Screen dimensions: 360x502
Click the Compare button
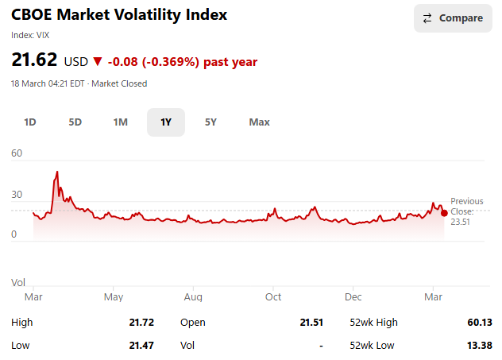(x=453, y=18)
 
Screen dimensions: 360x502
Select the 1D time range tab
(x=30, y=122)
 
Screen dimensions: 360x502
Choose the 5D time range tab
(x=75, y=122)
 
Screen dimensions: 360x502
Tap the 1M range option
(x=121, y=122)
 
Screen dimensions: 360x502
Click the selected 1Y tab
(x=166, y=122)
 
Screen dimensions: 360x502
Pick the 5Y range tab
(x=211, y=122)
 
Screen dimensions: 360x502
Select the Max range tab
(x=259, y=122)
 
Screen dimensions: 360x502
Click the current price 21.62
(x=33, y=60)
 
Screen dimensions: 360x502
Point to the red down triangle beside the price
(x=98, y=61)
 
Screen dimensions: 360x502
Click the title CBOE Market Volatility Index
(x=119, y=15)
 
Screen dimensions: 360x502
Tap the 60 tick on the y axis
(x=17, y=153)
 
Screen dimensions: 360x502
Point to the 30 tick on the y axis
(x=17, y=195)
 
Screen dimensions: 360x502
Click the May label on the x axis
(x=114, y=297)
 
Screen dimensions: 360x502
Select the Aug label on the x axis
(x=193, y=297)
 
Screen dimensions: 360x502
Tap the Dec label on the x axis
(x=353, y=297)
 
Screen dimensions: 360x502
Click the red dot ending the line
(x=443, y=212)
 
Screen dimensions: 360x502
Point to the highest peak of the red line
(x=56, y=172)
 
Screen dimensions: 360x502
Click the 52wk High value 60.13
(x=480, y=323)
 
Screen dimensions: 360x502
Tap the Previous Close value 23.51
(x=461, y=222)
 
